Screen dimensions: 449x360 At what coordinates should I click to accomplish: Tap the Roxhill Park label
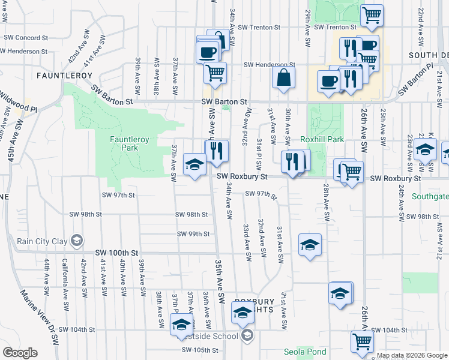coord(322,139)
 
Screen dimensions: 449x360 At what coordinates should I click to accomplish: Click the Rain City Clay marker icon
coord(76,241)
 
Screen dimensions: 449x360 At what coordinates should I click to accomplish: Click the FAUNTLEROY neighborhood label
coord(64,76)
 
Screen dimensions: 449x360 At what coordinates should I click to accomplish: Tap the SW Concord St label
coord(26,37)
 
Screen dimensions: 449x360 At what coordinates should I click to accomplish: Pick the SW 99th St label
coord(193,234)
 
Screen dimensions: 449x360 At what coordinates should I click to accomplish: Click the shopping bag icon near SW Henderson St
coord(283,77)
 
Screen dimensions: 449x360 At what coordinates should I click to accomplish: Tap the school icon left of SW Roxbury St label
coord(194,165)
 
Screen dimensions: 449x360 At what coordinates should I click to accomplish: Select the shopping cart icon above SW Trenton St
coord(372,14)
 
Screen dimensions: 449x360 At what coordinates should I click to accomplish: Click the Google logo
coord(20,353)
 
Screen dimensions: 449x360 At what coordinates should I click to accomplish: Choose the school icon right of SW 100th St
coord(310,245)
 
